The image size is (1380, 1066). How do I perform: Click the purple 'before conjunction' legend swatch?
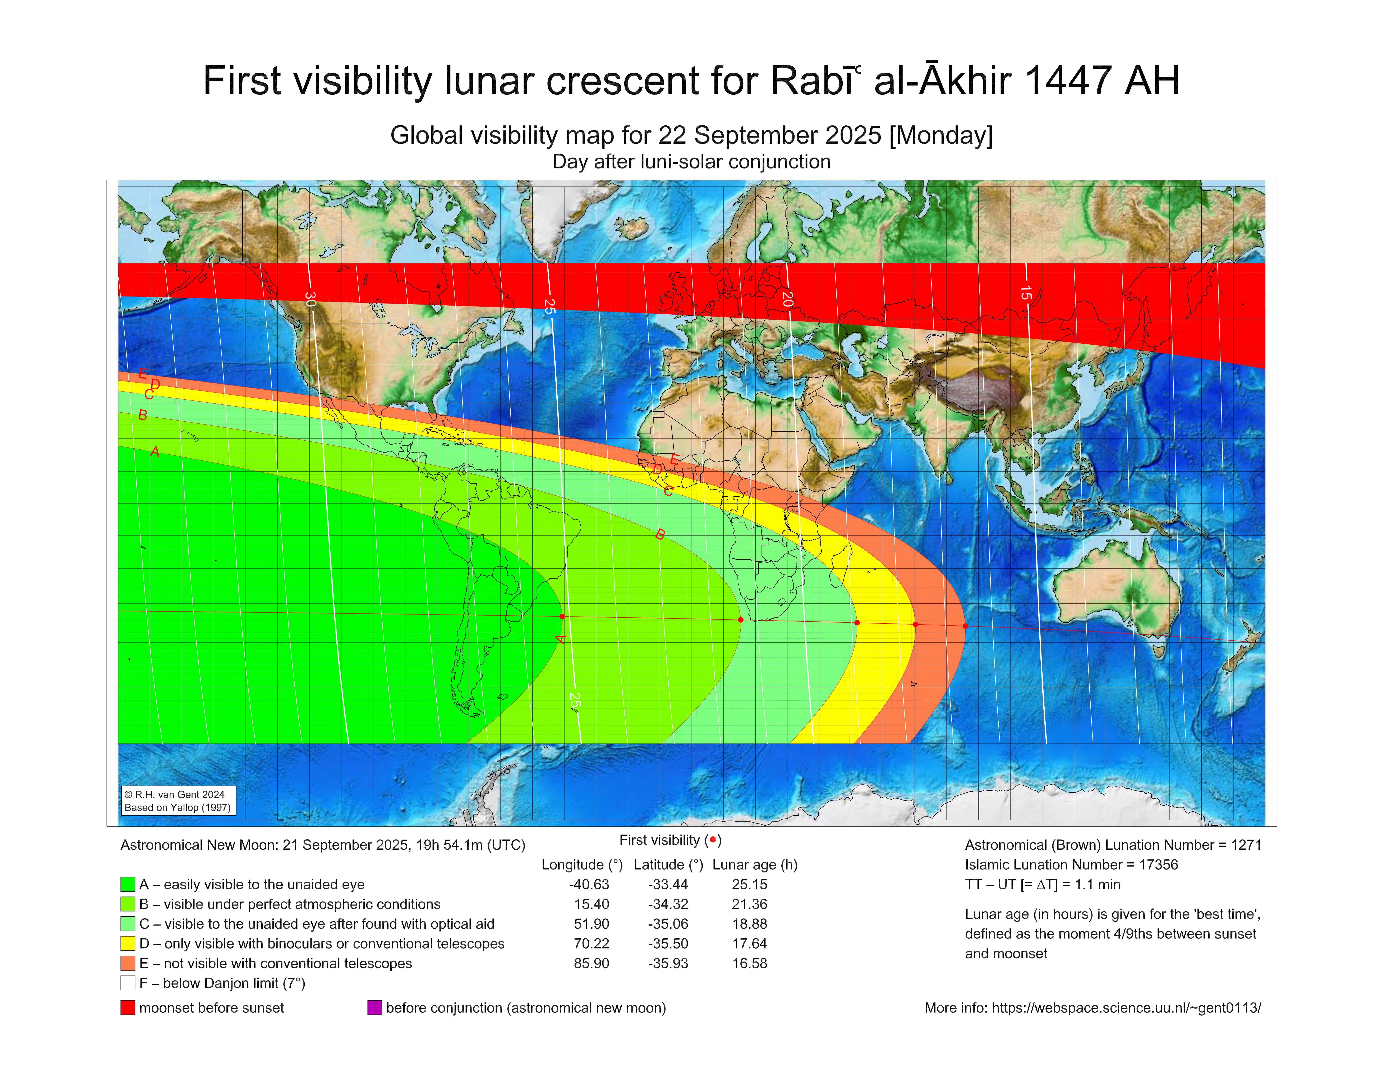click(375, 1007)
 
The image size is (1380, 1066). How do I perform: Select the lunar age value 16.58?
click(749, 963)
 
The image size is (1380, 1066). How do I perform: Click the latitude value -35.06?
click(668, 924)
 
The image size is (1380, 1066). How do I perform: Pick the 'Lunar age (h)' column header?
click(755, 865)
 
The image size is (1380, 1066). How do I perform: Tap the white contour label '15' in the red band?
click(1026, 293)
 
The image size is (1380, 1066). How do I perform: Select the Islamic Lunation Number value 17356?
click(1159, 865)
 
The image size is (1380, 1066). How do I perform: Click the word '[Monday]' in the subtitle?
click(941, 135)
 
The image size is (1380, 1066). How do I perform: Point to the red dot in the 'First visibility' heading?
click(713, 839)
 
